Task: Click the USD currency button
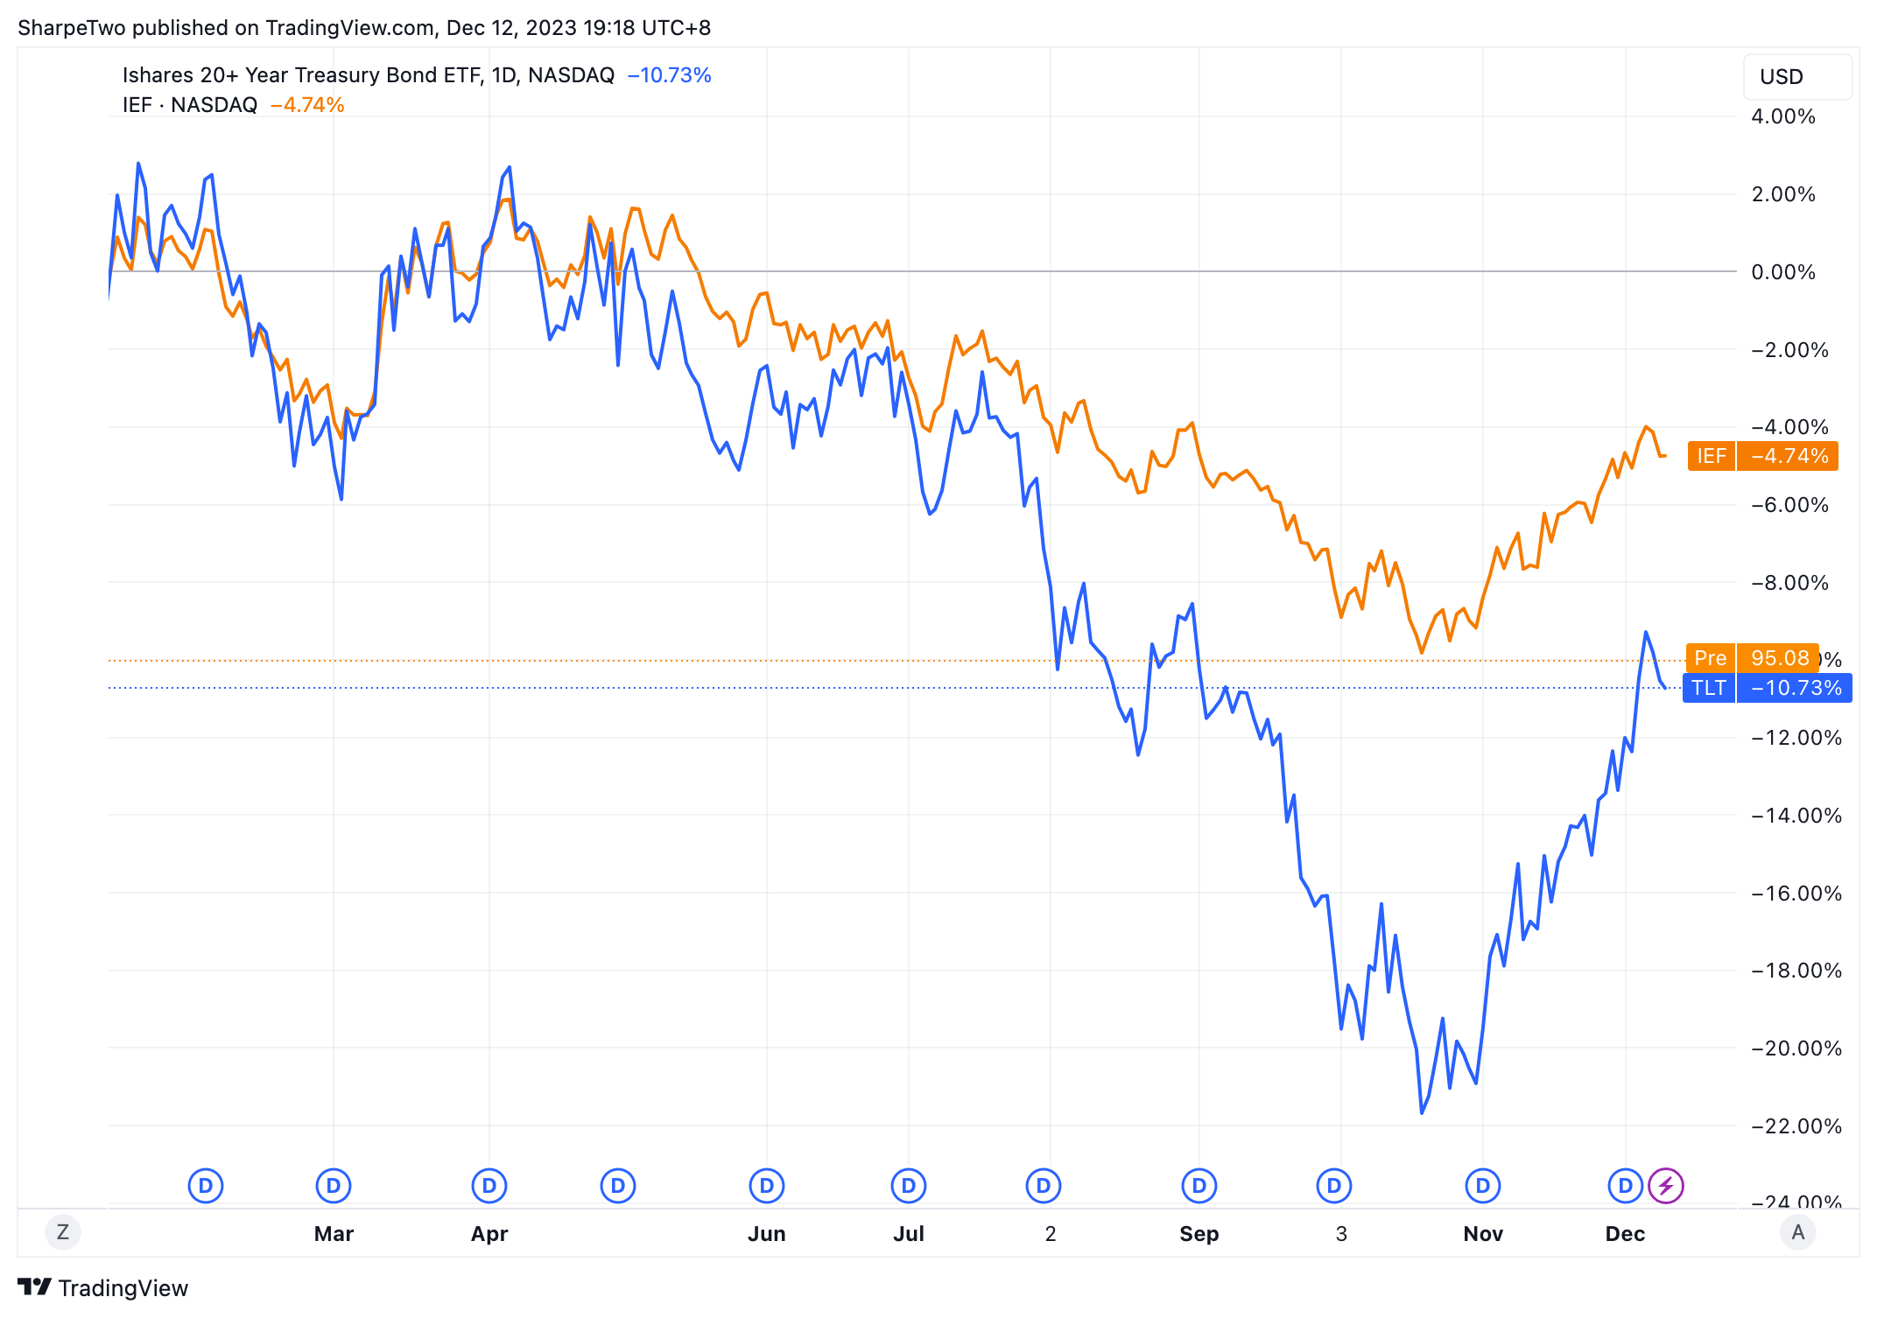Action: [1796, 77]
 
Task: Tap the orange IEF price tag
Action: [1761, 456]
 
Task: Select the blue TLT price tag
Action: [1767, 688]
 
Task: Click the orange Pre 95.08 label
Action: [1751, 658]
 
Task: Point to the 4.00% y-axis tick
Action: [1782, 116]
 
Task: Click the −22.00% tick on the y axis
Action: [1796, 1126]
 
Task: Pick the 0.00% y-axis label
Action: [1782, 272]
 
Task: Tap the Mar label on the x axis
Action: [334, 1234]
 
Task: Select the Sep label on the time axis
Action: [1199, 1234]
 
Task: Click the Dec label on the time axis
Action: [1625, 1234]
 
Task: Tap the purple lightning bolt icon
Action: [1666, 1186]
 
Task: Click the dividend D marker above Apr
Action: [489, 1186]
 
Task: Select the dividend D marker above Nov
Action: [1483, 1186]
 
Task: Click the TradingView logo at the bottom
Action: [103, 1288]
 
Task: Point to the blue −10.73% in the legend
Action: [670, 75]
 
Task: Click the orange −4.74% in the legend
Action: [307, 105]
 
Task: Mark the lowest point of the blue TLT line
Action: [1422, 1112]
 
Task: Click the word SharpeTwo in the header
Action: [72, 28]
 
